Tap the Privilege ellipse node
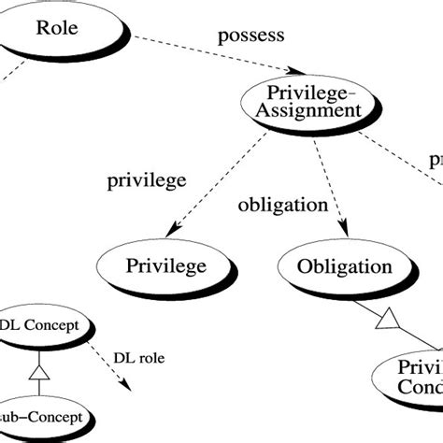click(x=165, y=266)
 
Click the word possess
click(x=250, y=37)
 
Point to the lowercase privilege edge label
click(x=148, y=179)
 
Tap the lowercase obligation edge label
click(x=283, y=205)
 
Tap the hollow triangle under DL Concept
click(x=39, y=373)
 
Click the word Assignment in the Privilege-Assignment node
click(x=314, y=110)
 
